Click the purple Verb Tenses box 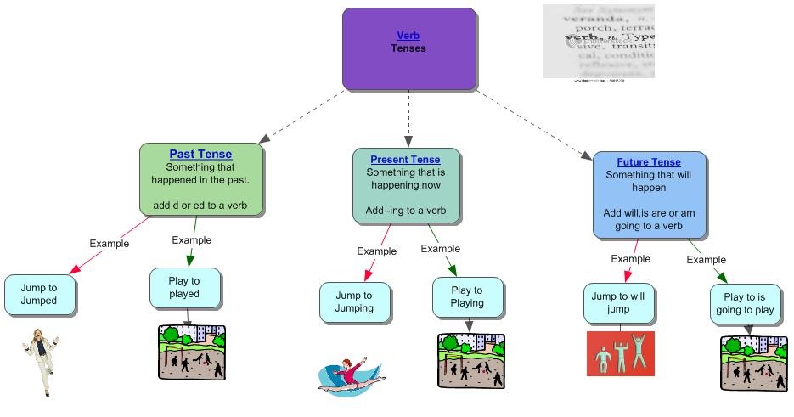(408, 49)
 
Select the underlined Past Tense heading (200, 154)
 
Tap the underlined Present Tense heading (405, 160)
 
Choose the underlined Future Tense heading (648, 162)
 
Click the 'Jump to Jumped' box (41, 294)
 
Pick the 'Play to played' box (185, 287)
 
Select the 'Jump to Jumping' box (355, 302)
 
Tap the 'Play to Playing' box (467, 296)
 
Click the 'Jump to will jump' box (619, 303)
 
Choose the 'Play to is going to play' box (746, 304)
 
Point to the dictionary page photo (599, 42)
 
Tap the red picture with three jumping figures (621, 353)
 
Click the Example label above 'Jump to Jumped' (109, 244)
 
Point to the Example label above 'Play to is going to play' (706, 260)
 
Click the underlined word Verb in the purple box (408, 36)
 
